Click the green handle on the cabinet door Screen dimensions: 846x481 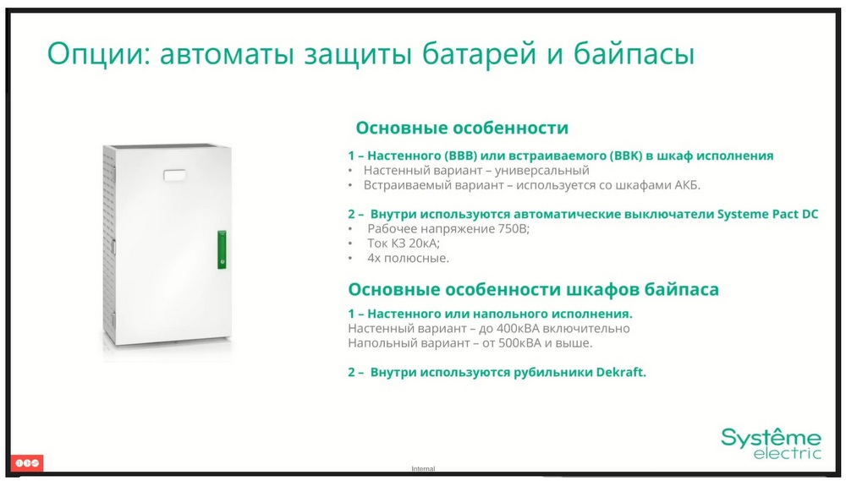pos(222,249)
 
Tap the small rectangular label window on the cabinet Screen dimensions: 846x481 pos(174,175)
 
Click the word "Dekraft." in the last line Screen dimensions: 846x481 pos(621,372)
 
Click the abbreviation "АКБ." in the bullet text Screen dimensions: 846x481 pos(687,185)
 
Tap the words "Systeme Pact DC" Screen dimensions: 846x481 pos(767,214)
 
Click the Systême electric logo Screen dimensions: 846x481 pos(771,443)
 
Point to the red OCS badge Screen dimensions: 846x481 pos(27,462)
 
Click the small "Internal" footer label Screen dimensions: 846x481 pos(423,468)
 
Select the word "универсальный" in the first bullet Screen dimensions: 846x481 pos(541,171)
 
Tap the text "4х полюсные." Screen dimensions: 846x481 pos(408,258)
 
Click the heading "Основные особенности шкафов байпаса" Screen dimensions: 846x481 pos(534,290)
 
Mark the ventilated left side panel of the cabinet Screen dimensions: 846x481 pos(109,245)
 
